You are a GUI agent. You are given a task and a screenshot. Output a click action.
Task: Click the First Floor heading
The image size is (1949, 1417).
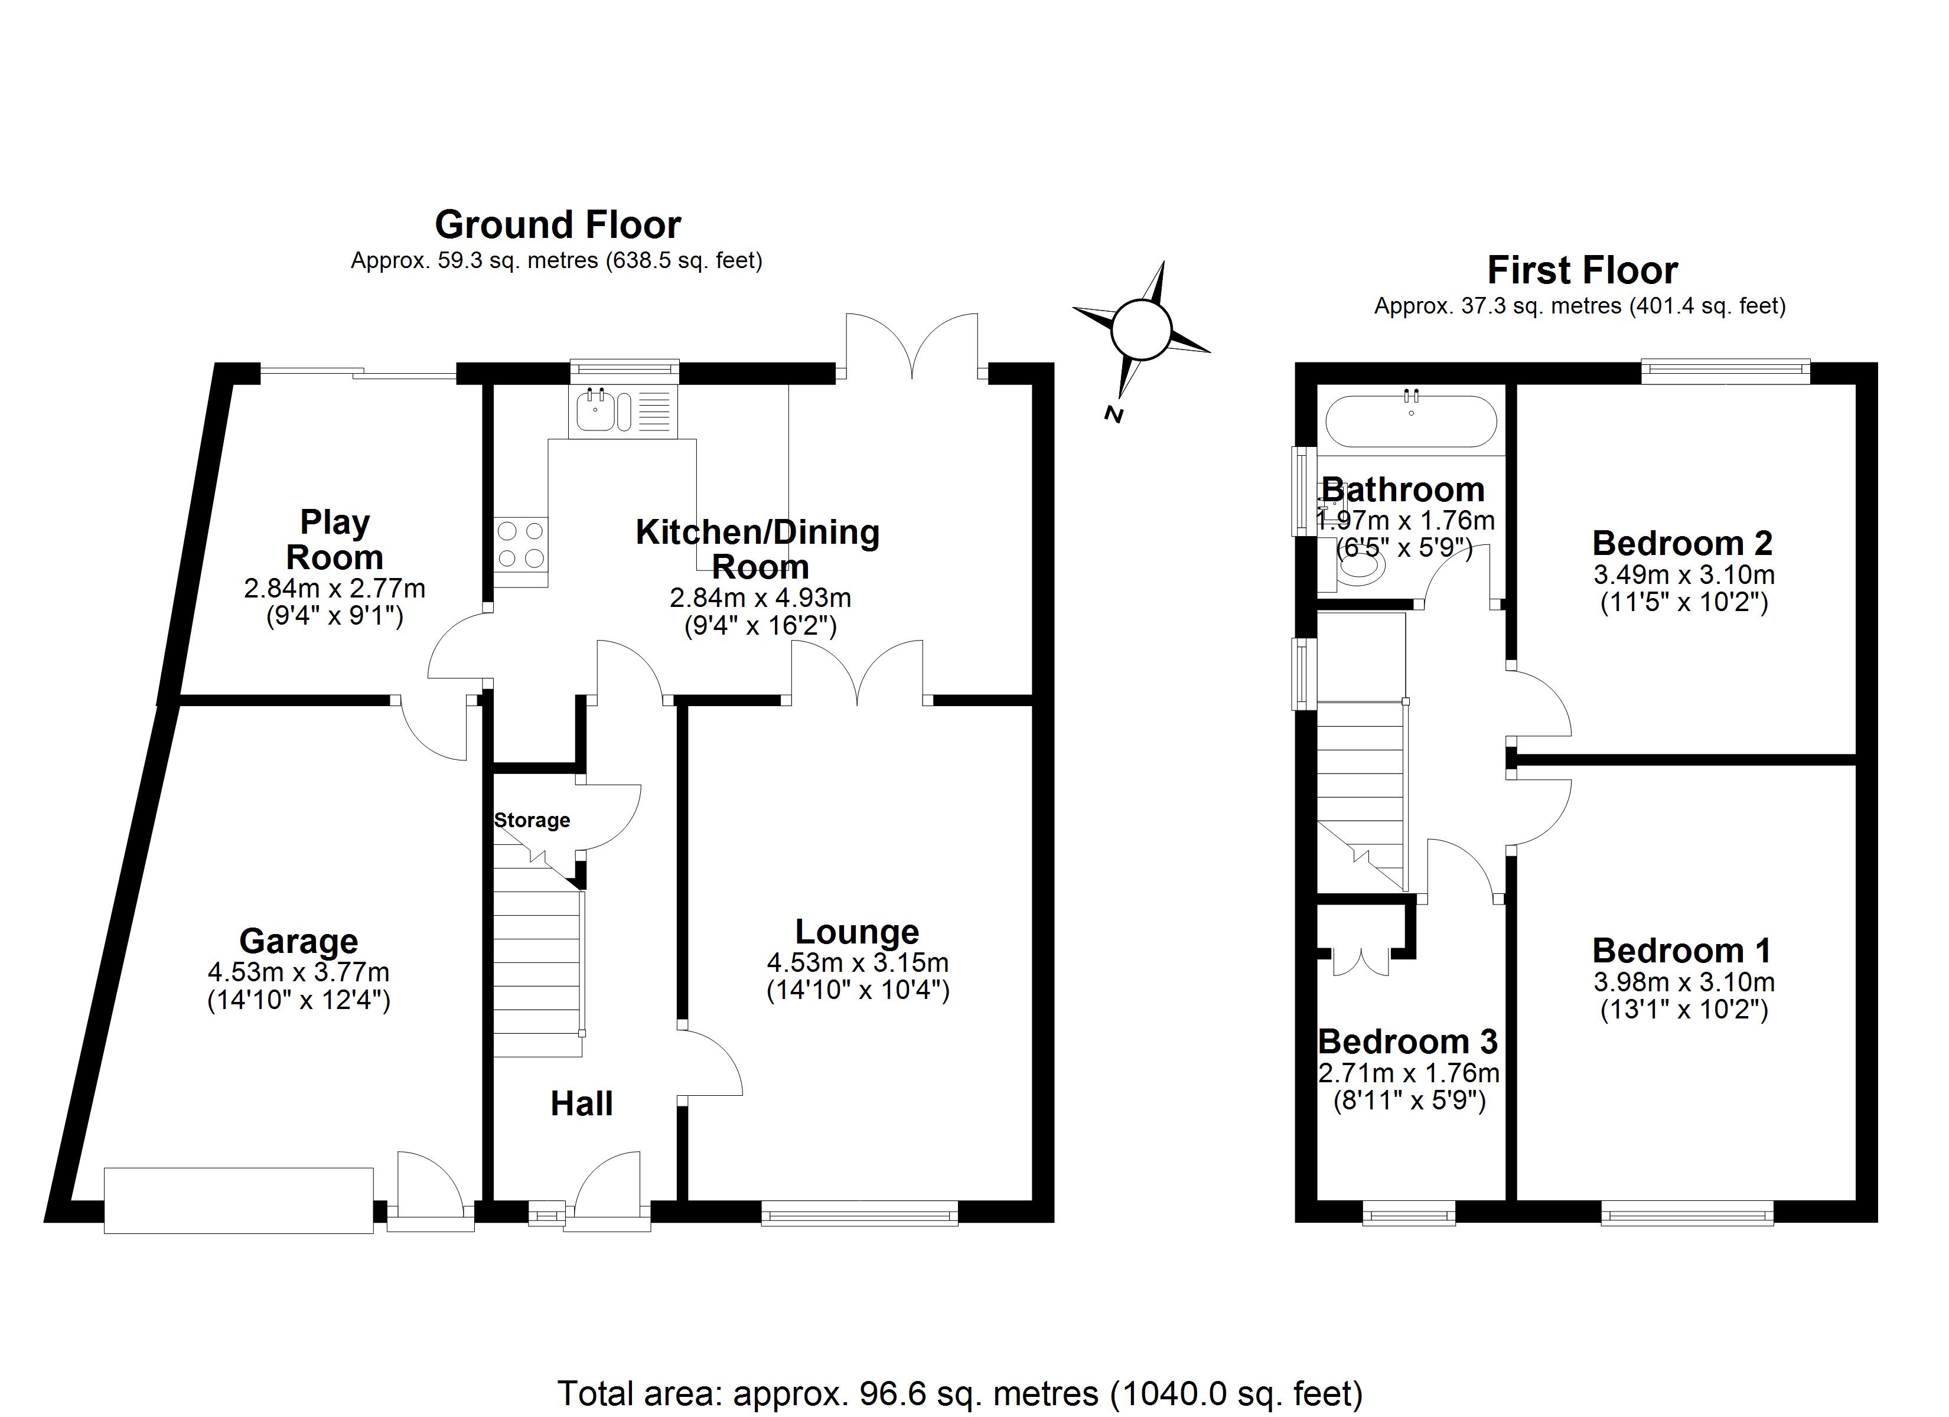1582,270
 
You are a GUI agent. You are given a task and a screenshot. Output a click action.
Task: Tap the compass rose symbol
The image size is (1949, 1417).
1141,330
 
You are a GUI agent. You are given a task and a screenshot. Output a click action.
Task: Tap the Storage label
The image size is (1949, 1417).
532,819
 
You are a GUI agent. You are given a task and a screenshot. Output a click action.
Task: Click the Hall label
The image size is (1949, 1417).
582,1104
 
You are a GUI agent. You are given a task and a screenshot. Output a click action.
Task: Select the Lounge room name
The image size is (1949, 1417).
857,932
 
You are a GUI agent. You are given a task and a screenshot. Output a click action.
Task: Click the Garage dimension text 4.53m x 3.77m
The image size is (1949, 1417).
298,972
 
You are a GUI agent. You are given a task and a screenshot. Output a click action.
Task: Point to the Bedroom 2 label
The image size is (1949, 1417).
1681,543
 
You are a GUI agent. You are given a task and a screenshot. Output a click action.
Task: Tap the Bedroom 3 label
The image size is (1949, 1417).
1407,1041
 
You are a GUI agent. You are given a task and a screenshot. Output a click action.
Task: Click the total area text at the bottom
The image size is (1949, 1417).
960,1393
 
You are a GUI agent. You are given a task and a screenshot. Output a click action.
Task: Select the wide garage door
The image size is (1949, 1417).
239,1200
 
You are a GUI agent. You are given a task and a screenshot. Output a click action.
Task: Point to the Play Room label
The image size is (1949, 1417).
334,540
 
